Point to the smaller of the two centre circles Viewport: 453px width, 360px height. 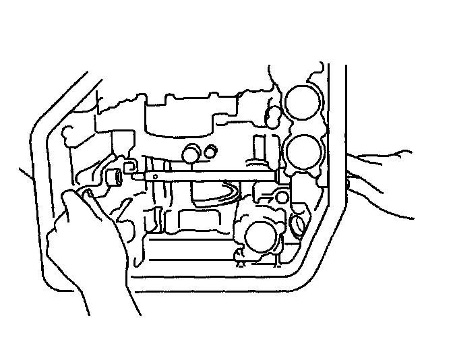tap(212, 151)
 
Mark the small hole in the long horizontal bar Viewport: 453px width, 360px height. tap(155, 177)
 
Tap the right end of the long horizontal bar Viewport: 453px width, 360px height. tap(277, 177)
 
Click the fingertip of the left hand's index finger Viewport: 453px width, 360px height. tap(68, 196)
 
